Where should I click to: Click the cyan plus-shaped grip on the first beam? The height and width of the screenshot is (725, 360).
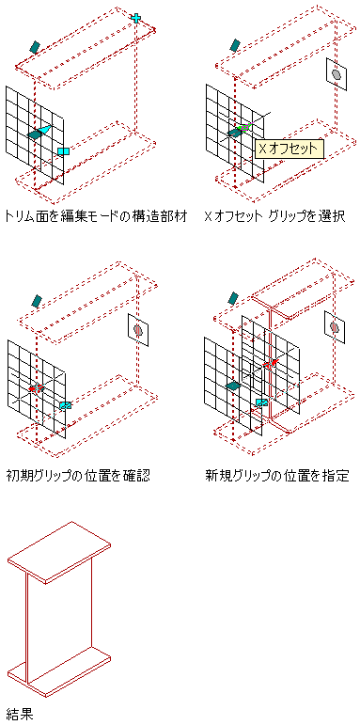pos(135,18)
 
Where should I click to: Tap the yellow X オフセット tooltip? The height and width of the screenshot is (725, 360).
pos(290,149)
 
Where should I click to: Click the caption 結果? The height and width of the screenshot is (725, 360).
pos(20,714)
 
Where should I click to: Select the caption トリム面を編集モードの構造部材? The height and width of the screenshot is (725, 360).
pos(97,216)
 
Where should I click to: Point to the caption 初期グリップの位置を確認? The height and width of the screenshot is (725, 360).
pos(79,476)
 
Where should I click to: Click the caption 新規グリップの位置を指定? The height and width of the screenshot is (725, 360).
pos(277,476)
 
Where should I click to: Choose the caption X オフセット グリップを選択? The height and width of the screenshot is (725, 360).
pos(274,216)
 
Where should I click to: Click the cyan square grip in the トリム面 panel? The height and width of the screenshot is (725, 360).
pos(63,151)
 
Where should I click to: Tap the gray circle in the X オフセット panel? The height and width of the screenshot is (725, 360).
pos(337,74)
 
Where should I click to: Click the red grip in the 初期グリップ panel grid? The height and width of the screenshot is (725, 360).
pos(37,387)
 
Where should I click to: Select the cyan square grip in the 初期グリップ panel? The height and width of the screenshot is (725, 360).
pos(66,405)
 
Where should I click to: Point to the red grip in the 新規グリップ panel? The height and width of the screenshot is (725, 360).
pos(270,364)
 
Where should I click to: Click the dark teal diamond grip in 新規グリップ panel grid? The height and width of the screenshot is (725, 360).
pos(234,386)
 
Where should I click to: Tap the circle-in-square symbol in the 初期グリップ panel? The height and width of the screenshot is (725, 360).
pos(138,330)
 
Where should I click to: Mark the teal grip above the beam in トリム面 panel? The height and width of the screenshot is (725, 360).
pos(35,46)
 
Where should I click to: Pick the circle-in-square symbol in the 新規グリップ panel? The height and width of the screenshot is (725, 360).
pos(335,327)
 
